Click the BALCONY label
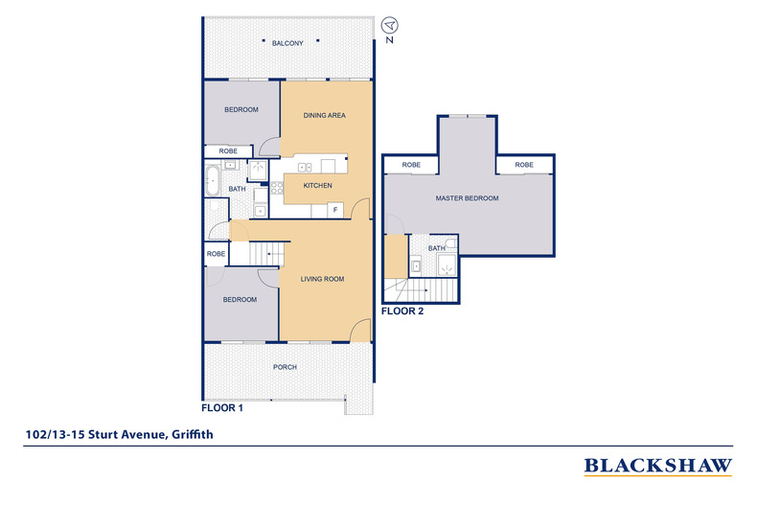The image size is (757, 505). [287, 43]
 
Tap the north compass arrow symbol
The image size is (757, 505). [389, 25]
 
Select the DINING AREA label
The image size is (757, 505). [325, 115]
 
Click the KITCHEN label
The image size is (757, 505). [318, 185]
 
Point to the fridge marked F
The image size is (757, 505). [335, 210]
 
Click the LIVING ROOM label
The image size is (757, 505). [323, 279]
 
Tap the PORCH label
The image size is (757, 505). [285, 367]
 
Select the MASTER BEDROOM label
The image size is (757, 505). [468, 198]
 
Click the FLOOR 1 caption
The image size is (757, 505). [222, 408]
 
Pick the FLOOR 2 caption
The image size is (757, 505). [402, 311]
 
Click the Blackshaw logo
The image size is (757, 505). [658, 467]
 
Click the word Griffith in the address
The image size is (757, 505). [193, 434]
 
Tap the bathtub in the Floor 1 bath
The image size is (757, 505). [212, 180]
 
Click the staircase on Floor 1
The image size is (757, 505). [267, 254]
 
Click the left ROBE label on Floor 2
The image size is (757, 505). [411, 165]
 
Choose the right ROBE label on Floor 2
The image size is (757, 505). [524, 165]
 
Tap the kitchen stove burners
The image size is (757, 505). [277, 188]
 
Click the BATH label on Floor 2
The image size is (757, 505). [437, 248]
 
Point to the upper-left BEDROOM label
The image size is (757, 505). [241, 109]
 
